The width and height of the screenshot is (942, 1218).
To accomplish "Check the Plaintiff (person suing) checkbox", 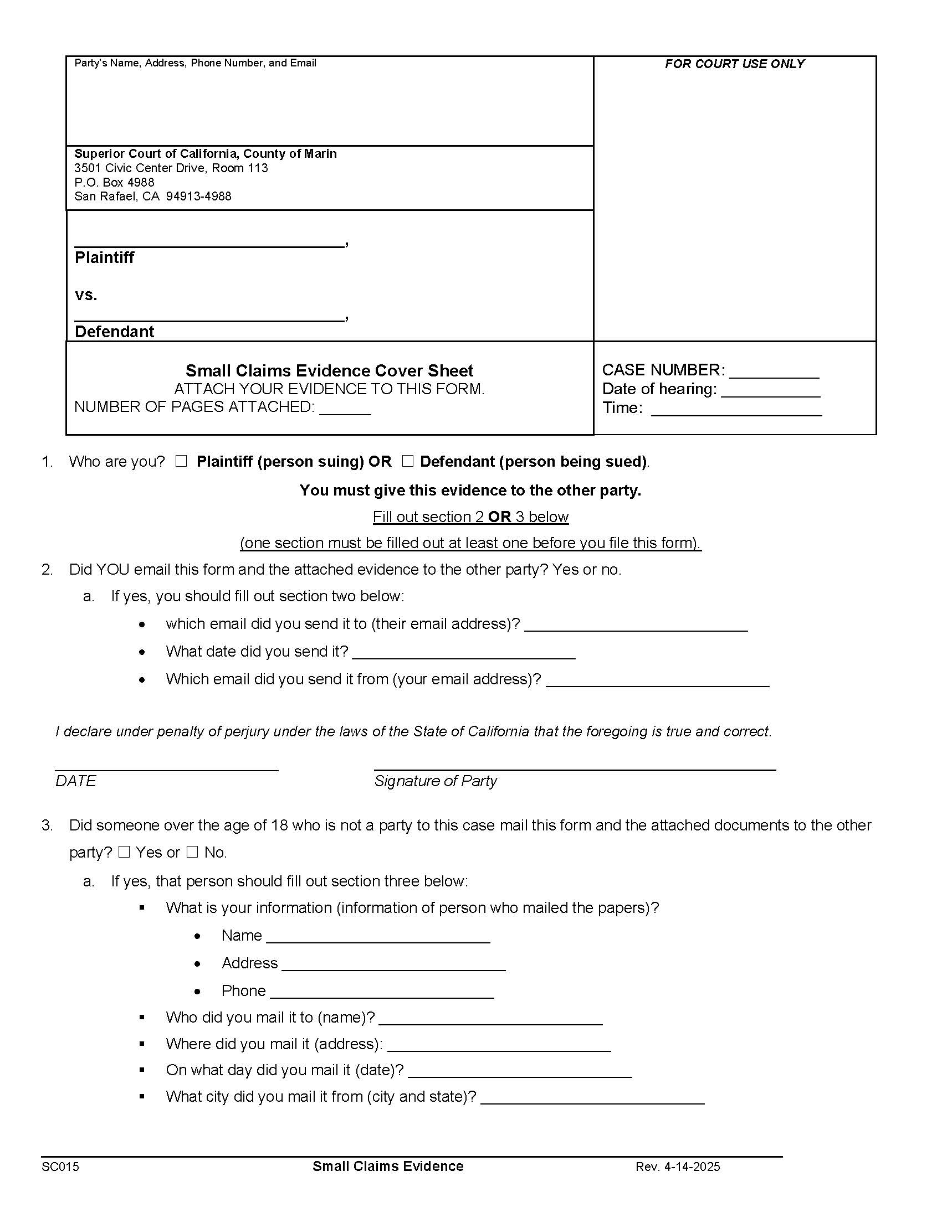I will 181,461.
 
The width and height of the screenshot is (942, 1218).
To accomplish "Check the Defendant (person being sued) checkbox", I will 407,461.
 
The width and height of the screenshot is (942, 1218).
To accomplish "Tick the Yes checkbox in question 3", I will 124,852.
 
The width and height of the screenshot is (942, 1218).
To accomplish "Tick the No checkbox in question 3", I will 192,852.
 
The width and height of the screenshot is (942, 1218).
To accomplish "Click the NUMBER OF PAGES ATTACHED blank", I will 345,410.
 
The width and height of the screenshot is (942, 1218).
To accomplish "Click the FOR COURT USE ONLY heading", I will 734,64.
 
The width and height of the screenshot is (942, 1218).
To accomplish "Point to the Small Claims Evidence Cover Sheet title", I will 329,371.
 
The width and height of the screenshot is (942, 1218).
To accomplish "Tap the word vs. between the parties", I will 86,295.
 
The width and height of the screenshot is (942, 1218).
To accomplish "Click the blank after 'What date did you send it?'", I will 463,654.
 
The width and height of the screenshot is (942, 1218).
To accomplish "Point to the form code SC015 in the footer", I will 60,1167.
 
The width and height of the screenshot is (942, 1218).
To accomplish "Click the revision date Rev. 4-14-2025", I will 678,1167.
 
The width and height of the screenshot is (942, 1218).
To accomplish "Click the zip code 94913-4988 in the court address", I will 199,197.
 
